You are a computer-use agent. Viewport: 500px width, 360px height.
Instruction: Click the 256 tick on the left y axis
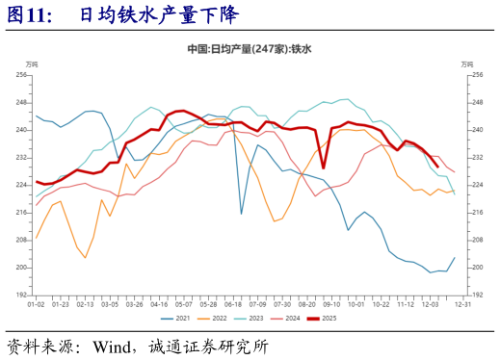[x=21, y=74]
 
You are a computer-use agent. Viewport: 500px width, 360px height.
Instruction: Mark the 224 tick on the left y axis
[x=21, y=185]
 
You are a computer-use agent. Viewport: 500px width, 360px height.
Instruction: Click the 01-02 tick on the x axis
[x=36, y=303]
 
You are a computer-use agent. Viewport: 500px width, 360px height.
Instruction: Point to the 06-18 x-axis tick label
[x=232, y=303]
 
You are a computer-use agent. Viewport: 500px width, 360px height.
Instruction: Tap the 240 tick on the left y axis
[x=21, y=129]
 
